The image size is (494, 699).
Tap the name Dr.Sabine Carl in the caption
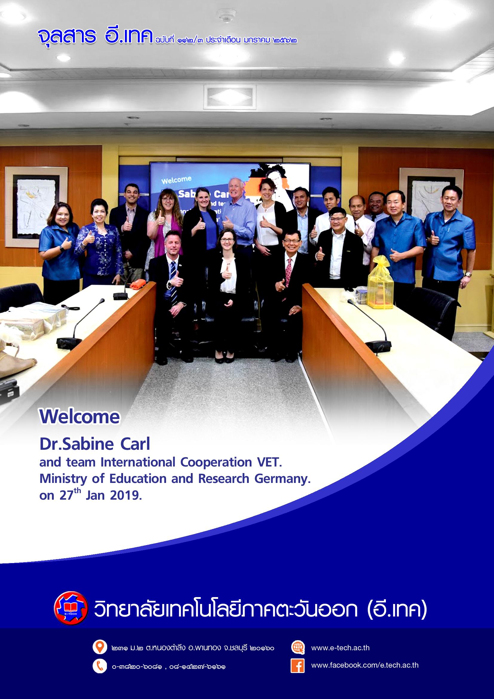point(95,444)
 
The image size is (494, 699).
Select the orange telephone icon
point(99,666)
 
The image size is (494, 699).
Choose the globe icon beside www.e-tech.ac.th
point(298,647)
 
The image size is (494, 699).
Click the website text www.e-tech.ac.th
point(340,648)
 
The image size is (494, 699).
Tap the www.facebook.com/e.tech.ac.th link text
point(365,665)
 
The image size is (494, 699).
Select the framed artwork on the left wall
point(36,207)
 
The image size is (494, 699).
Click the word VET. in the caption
point(270,462)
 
